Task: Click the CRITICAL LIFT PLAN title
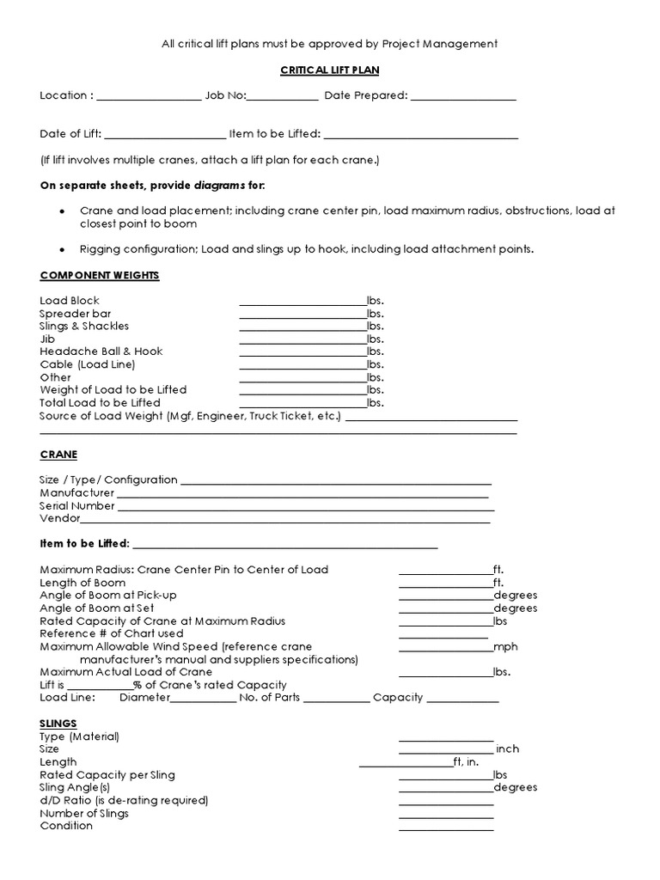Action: pos(330,70)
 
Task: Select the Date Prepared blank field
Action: pos(463,96)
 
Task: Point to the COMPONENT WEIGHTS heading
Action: pos(100,275)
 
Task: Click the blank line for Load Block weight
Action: pos(302,302)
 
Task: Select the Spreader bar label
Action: pos(75,314)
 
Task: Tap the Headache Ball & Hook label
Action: pos(101,351)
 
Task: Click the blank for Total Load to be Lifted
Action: pos(302,403)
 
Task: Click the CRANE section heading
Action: pos(58,454)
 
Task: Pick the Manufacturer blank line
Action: pos(302,494)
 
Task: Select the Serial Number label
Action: pos(77,506)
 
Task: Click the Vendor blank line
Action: pos(285,519)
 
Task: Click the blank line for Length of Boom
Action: pos(445,584)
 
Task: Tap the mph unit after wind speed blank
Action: pos(506,646)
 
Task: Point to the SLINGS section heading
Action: pos(58,724)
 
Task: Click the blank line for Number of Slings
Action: pos(445,815)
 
